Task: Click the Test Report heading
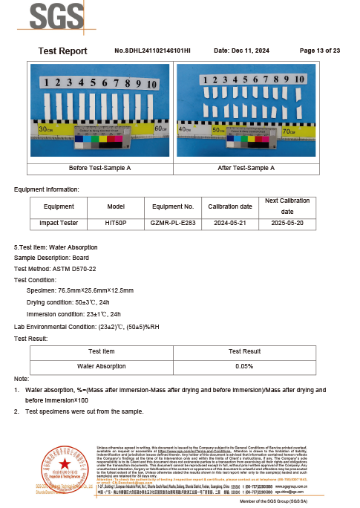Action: pyautogui.click(x=62, y=51)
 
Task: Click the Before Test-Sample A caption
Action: pyautogui.click(x=99, y=168)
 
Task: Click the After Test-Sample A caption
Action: pyautogui.click(x=246, y=168)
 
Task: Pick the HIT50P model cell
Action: pyautogui.click(x=117, y=222)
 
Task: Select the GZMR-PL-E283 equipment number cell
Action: pyautogui.click(x=172, y=222)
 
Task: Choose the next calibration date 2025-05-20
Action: pyautogui.click(x=287, y=222)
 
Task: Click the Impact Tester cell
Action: pyautogui.click(x=59, y=222)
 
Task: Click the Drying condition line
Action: pyautogui.click(x=68, y=302)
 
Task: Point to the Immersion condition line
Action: pyautogui.click(x=73, y=314)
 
